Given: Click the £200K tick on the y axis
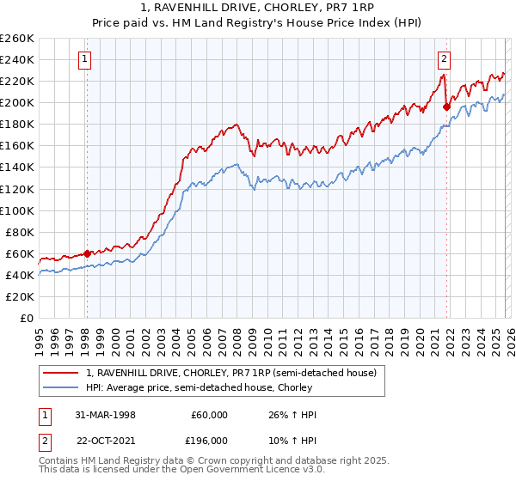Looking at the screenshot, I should click(x=17, y=102).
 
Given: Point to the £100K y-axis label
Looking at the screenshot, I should click(x=17, y=210).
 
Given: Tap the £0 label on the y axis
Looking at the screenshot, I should click(x=26, y=318).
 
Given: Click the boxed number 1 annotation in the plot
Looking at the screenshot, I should click(x=86, y=59).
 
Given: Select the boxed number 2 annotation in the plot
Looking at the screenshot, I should click(x=444, y=59).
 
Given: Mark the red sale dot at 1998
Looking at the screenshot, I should click(x=88, y=253).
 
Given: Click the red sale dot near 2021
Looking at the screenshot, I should click(x=446, y=107).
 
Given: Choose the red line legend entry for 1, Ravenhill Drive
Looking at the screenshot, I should click(x=230, y=373).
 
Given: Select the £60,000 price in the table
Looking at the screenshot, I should click(x=208, y=415).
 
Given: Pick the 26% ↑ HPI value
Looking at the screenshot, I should click(x=292, y=415).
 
